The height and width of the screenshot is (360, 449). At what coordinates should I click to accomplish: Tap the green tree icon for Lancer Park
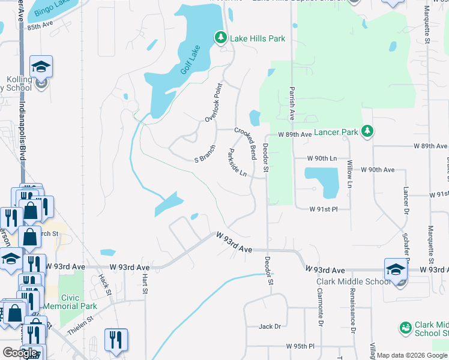click(367, 131)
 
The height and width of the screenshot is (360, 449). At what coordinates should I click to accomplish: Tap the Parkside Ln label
click(236, 163)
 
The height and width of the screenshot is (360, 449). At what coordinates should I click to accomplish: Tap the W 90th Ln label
click(322, 158)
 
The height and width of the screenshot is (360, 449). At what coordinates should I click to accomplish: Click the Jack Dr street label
click(270, 326)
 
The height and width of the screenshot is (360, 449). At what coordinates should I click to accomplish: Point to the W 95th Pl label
click(300, 347)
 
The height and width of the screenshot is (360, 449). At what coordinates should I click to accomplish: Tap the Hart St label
click(145, 283)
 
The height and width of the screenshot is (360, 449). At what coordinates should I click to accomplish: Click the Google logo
click(20, 353)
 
